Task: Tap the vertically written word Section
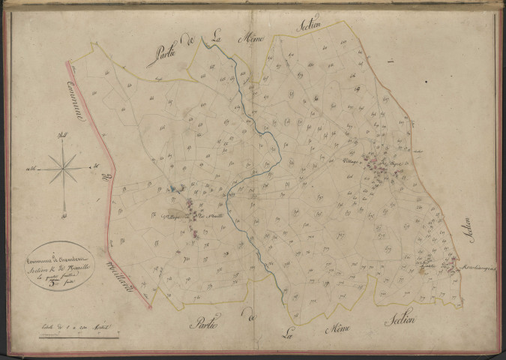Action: coord(469,233)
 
